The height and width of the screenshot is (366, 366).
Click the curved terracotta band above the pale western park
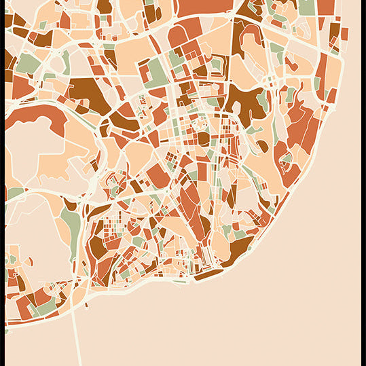(34, 112)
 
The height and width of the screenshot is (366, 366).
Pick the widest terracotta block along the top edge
(204, 7)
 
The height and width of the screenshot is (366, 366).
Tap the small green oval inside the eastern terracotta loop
(287, 159)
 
